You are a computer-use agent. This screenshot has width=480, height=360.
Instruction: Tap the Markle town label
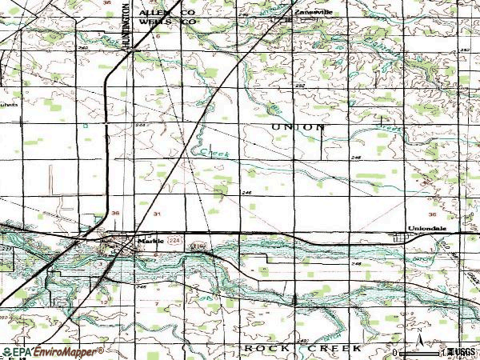[x=149, y=241]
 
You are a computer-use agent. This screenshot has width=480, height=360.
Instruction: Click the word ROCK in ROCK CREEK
[x=259, y=350]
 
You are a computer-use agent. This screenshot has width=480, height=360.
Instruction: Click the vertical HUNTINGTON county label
[x=128, y=29]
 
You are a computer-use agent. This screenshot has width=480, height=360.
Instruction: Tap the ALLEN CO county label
[x=167, y=13]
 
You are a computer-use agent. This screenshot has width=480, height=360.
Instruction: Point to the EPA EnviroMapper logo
[x=53, y=352]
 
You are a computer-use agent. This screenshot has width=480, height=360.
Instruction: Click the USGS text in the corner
[x=466, y=352]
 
